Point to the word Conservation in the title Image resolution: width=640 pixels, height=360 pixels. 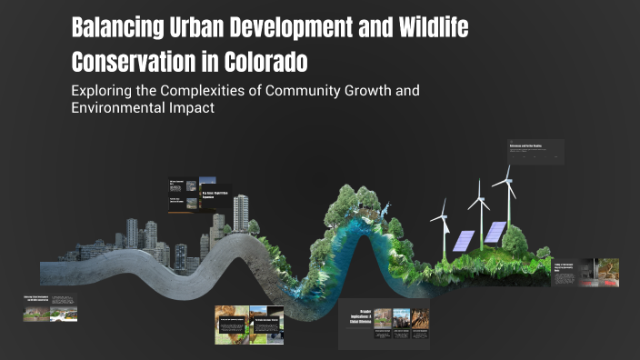click(140, 64)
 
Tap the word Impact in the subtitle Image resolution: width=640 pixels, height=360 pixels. click(190, 107)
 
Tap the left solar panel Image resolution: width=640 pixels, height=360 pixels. click(465, 240)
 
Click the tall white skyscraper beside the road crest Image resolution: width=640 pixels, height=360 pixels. click(241, 211)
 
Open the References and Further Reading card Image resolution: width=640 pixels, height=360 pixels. click(535, 152)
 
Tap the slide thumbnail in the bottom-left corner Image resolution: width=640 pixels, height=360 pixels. click(50, 309)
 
